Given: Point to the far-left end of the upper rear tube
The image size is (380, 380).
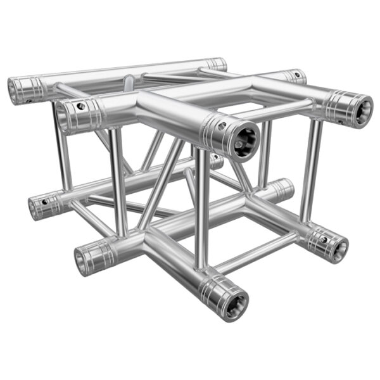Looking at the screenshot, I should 15,90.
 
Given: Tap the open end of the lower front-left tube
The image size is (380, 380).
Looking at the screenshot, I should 84,260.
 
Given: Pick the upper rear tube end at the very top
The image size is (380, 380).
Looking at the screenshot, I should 217,64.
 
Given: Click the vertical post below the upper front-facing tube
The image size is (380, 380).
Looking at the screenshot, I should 200,209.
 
